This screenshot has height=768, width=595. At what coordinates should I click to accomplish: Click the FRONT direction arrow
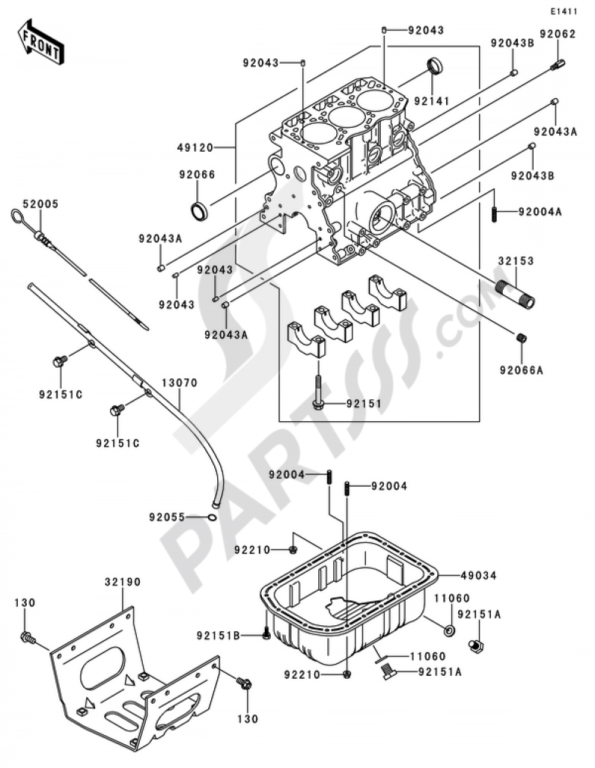(40, 43)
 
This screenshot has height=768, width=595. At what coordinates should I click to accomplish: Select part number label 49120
(194, 147)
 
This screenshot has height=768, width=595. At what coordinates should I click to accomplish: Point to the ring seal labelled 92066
(199, 209)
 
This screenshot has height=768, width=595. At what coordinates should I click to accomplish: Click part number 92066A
(522, 371)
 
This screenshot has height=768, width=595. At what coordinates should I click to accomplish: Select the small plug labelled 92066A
(522, 338)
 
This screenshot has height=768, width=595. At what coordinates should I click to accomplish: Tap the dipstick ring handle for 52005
(17, 215)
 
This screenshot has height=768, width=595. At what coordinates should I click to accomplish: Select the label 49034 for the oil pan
(478, 575)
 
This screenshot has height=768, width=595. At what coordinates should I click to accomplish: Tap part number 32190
(123, 582)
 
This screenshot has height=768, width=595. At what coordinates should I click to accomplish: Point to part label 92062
(558, 34)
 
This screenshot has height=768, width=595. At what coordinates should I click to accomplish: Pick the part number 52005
(40, 203)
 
